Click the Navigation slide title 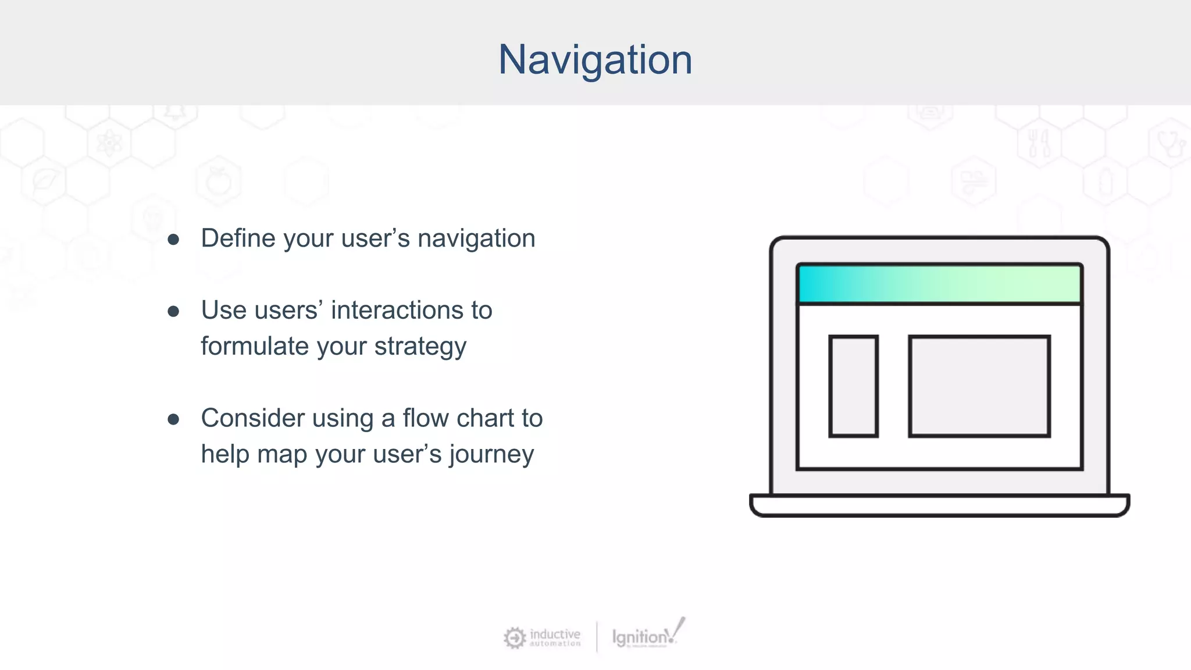coord(595,59)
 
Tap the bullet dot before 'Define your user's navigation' coord(173,240)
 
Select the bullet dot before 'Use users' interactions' coord(173,312)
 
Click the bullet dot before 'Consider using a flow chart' coord(173,419)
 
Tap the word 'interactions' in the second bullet coord(395,311)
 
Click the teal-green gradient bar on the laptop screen coord(939,284)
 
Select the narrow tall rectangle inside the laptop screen coord(853,386)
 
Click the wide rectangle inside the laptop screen coord(979,386)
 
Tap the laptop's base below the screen coord(939,505)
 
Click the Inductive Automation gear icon coord(514,638)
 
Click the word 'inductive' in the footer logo coord(555,634)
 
